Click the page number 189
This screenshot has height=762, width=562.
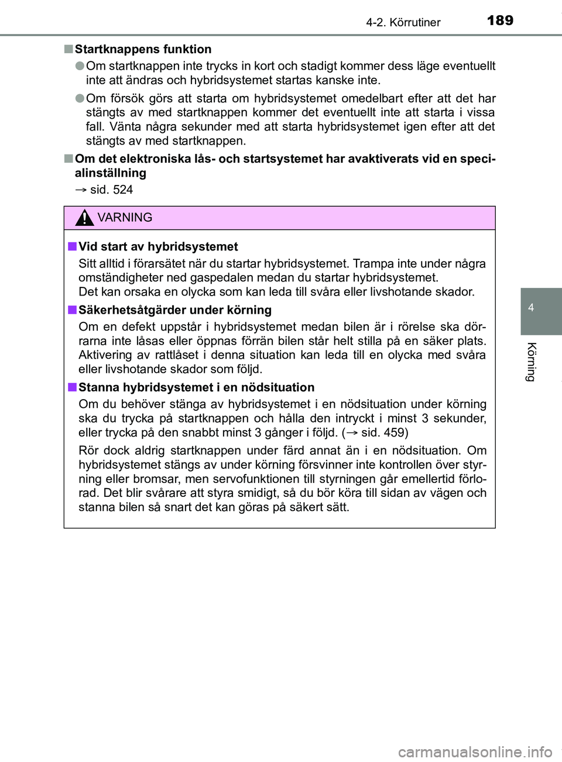click(499, 20)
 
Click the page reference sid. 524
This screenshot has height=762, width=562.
click(111, 190)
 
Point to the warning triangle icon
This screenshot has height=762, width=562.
click(86, 218)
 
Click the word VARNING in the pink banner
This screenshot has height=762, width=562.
click(125, 218)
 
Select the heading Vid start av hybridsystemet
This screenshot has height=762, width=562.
click(158, 246)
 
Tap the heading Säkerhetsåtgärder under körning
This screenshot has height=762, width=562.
click(175, 310)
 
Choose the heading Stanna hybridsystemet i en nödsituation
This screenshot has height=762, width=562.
click(196, 387)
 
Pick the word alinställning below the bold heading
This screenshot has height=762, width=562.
click(111, 173)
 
